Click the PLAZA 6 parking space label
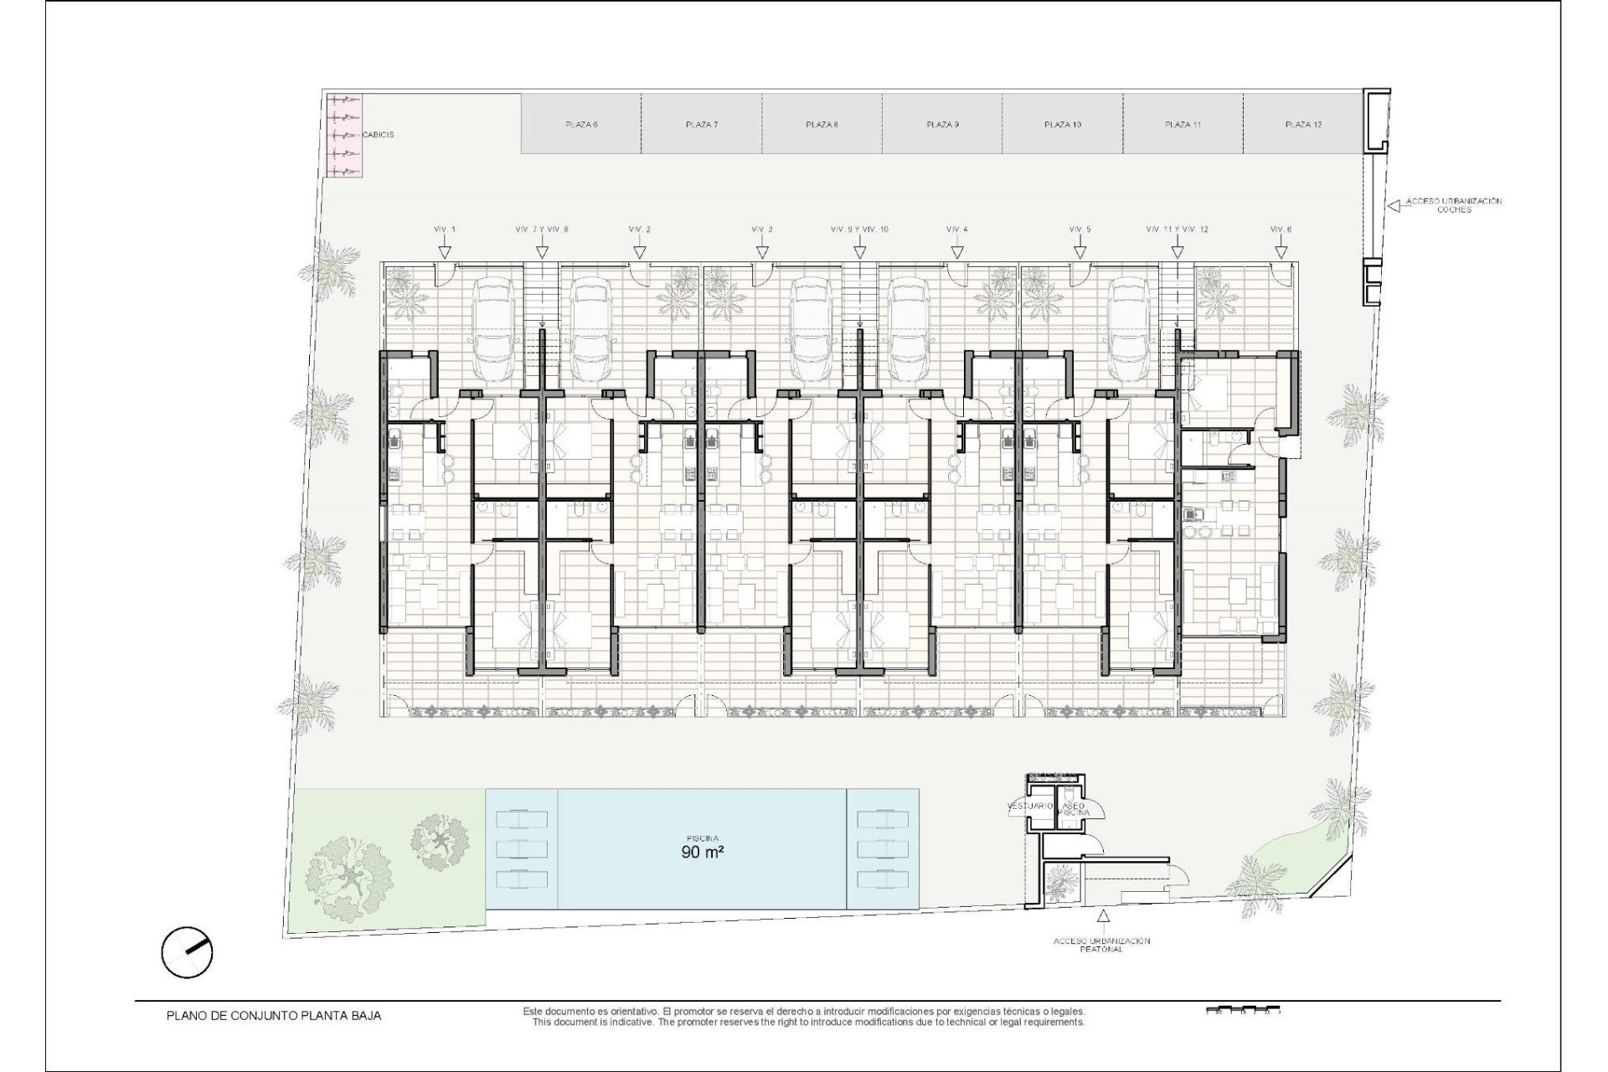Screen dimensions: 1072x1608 tap(581, 125)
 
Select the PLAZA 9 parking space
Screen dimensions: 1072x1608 tap(942, 125)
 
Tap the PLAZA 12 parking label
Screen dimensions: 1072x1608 tap(1303, 125)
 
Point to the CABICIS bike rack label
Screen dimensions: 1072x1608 tap(378, 134)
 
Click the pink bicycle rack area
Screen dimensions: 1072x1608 tap(343, 134)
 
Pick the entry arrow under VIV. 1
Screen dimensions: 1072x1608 tap(445, 250)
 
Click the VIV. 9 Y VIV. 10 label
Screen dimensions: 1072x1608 tap(859, 229)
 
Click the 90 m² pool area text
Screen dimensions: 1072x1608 tap(701, 855)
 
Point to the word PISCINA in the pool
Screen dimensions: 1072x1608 tap(702, 838)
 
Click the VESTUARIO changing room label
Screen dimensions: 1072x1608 tap(1029, 807)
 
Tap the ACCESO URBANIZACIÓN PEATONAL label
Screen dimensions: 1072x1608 tap(1101, 946)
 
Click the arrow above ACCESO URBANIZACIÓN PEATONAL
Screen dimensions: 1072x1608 tap(1103, 919)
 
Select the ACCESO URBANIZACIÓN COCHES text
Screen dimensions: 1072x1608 tap(1453, 205)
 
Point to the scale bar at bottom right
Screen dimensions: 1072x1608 tap(1243, 1010)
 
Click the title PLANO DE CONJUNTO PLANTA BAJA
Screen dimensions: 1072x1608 tap(274, 1016)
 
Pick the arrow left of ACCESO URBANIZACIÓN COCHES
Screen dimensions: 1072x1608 tap(1394, 204)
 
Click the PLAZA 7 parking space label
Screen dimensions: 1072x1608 tap(701, 125)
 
